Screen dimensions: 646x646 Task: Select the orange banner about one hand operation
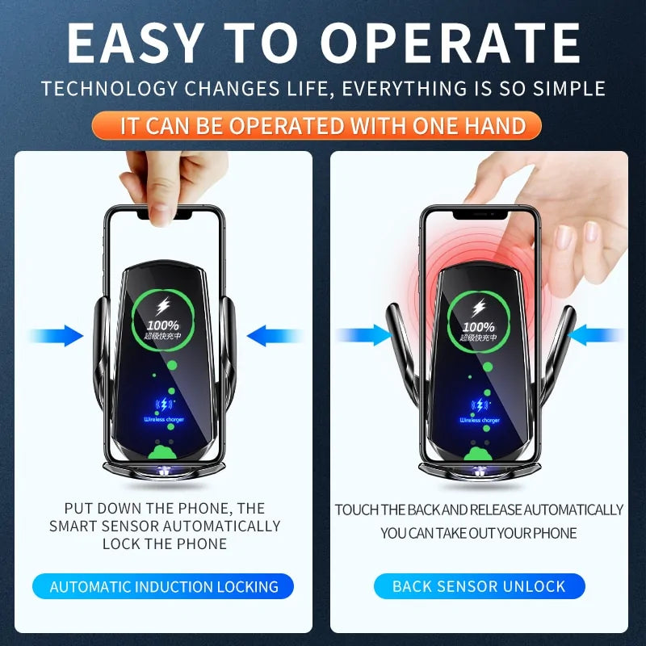pyautogui.click(x=323, y=126)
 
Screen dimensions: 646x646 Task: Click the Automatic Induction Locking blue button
pyautogui.click(x=164, y=586)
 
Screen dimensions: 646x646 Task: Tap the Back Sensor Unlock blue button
pyautogui.click(x=479, y=586)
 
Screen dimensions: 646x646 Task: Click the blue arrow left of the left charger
pyautogui.click(x=57, y=335)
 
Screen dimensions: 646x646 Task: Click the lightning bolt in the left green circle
pyautogui.click(x=163, y=307)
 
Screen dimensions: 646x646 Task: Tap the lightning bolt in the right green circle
pyautogui.click(x=479, y=307)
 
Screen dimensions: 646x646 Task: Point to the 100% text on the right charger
pyautogui.click(x=479, y=327)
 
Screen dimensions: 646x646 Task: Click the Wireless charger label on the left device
pyautogui.click(x=163, y=420)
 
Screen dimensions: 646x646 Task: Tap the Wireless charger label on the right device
pyautogui.click(x=479, y=420)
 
